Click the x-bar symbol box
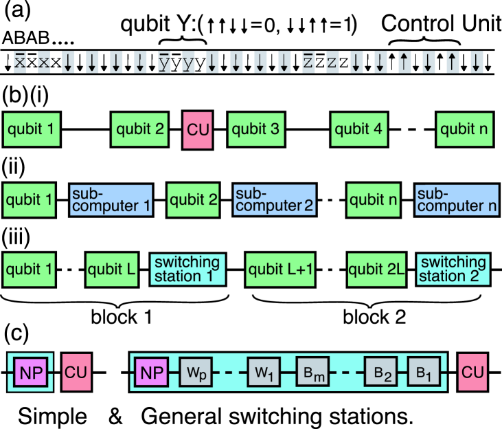click(x=20, y=63)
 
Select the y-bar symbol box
click(x=164, y=63)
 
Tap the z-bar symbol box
click(x=308, y=63)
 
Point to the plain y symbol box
click(x=188, y=63)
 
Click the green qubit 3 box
click(x=255, y=129)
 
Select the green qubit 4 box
click(x=358, y=129)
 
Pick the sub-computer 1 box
click(x=111, y=199)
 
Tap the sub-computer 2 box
click(x=274, y=199)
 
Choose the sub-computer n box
click(x=457, y=199)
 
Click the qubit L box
click(x=113, y=269)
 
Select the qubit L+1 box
click(x=280, y=269)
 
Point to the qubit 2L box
click(x=377, y=269)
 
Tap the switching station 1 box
click(x=187, y=269)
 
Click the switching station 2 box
click(x=453, y=269)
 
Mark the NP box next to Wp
click(x=151, y=373)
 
